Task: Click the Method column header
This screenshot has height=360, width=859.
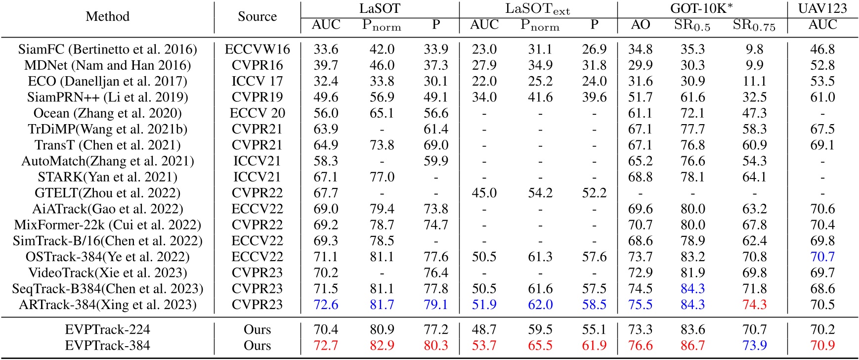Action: click(108, 16)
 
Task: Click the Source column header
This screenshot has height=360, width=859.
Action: click(257, 16)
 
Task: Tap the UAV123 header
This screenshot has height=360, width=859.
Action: click(822, 8)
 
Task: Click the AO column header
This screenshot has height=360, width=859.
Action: click(640, 25)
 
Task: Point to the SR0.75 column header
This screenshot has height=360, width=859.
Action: click(754, 26)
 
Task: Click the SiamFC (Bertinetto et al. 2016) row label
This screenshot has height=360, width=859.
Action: click(108, 49)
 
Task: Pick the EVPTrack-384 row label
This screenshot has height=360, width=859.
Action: click(108, 345)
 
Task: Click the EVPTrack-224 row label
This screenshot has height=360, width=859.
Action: click(108, 329)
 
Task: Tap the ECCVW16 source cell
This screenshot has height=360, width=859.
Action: click(257, 49)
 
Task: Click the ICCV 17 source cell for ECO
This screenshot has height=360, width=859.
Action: click(257, 81)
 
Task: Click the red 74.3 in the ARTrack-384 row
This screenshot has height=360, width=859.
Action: click(754, 305)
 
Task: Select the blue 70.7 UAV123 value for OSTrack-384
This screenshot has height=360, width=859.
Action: click(822, 257)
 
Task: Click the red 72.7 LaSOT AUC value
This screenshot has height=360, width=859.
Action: click(326, 345)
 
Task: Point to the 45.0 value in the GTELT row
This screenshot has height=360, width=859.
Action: click(484, 193)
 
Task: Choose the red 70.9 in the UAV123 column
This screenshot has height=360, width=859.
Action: click(822, 345)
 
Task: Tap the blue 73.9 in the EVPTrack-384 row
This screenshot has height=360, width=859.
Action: click(754, 345)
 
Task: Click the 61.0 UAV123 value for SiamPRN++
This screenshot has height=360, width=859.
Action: click(822, 97)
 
